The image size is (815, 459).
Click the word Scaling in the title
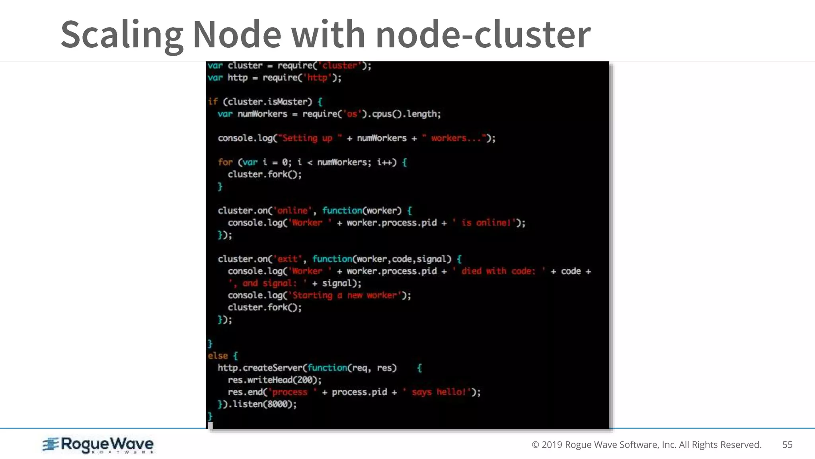coord(122,35)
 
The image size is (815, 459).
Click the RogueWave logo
coord(98,445)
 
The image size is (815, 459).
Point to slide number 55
coord(787,445)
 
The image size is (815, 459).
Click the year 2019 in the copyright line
coord(552,445)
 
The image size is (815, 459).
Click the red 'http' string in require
coord(317,78)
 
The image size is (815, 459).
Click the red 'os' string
coord(352,114)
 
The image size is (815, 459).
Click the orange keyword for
coord(225,162)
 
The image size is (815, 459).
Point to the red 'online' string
coord(292,211)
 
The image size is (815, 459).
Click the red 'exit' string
coord(287,259)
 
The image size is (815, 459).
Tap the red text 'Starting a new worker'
coord(344,295)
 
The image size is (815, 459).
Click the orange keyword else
coord(218,356)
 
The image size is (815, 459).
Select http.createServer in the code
coord(260,368)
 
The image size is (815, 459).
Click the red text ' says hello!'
coord(437,392)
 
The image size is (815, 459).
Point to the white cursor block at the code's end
coord(211,426)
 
